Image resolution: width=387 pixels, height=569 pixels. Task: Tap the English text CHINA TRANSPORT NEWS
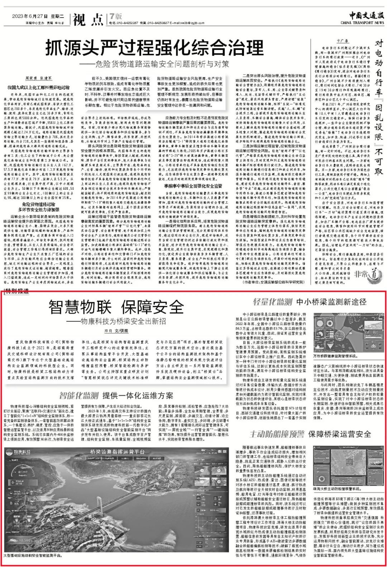(x=362, y=23)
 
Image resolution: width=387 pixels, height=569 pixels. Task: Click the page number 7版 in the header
(x=116, y=16)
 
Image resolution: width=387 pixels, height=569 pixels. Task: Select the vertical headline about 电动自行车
(x=378, y=108)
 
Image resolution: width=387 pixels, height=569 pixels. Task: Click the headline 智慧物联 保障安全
(x=116, y=307)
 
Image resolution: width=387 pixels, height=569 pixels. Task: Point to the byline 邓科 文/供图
(x=116, y=331)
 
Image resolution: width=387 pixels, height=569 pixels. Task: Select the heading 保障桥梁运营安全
(x=339, y=434)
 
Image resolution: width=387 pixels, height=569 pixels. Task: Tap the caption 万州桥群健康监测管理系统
(x=335, y=356)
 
